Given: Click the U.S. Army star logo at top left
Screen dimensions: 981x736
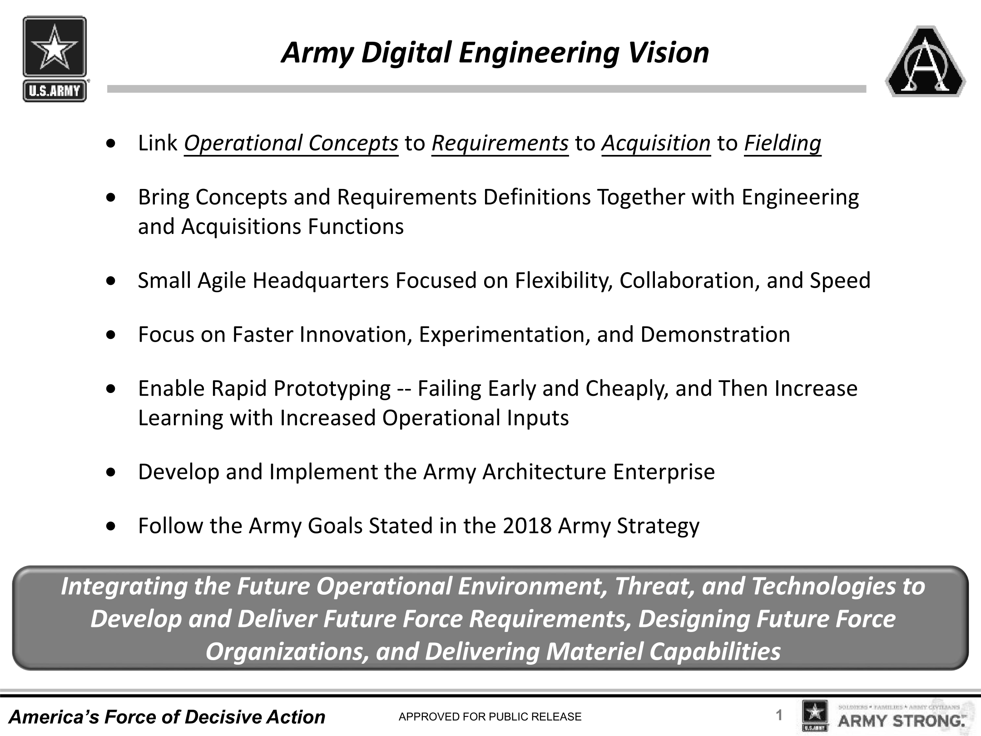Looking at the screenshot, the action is pos(54,59).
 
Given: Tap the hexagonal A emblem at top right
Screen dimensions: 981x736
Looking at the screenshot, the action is pos(926,61).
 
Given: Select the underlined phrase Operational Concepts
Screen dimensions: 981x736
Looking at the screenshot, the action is pos(291,144).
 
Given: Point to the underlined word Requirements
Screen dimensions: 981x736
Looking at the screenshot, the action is pos(500,144).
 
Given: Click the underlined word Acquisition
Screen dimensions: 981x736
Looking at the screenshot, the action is pos(656,144).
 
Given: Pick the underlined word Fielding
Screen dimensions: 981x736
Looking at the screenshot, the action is pos(783,144).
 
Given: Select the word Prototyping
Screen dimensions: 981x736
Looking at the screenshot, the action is pos(332,389).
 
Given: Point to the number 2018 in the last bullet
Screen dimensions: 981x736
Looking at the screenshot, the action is pos(527,526).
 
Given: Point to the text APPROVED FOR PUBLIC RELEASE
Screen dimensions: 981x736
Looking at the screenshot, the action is pos(490,717).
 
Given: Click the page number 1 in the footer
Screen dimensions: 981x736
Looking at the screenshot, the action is pos(779,716).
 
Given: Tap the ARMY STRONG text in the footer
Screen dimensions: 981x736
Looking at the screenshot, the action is pos(901,721).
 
